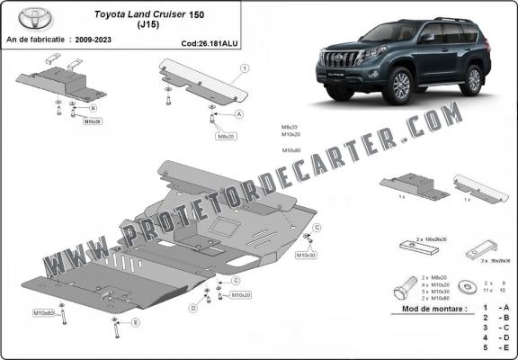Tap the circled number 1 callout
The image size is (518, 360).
244,68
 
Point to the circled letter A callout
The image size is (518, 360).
239,115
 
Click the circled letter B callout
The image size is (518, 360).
93,108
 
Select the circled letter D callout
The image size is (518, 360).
192,309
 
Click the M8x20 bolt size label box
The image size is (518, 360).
225,136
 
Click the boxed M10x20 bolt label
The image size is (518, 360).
240,294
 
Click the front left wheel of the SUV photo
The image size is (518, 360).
400,88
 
